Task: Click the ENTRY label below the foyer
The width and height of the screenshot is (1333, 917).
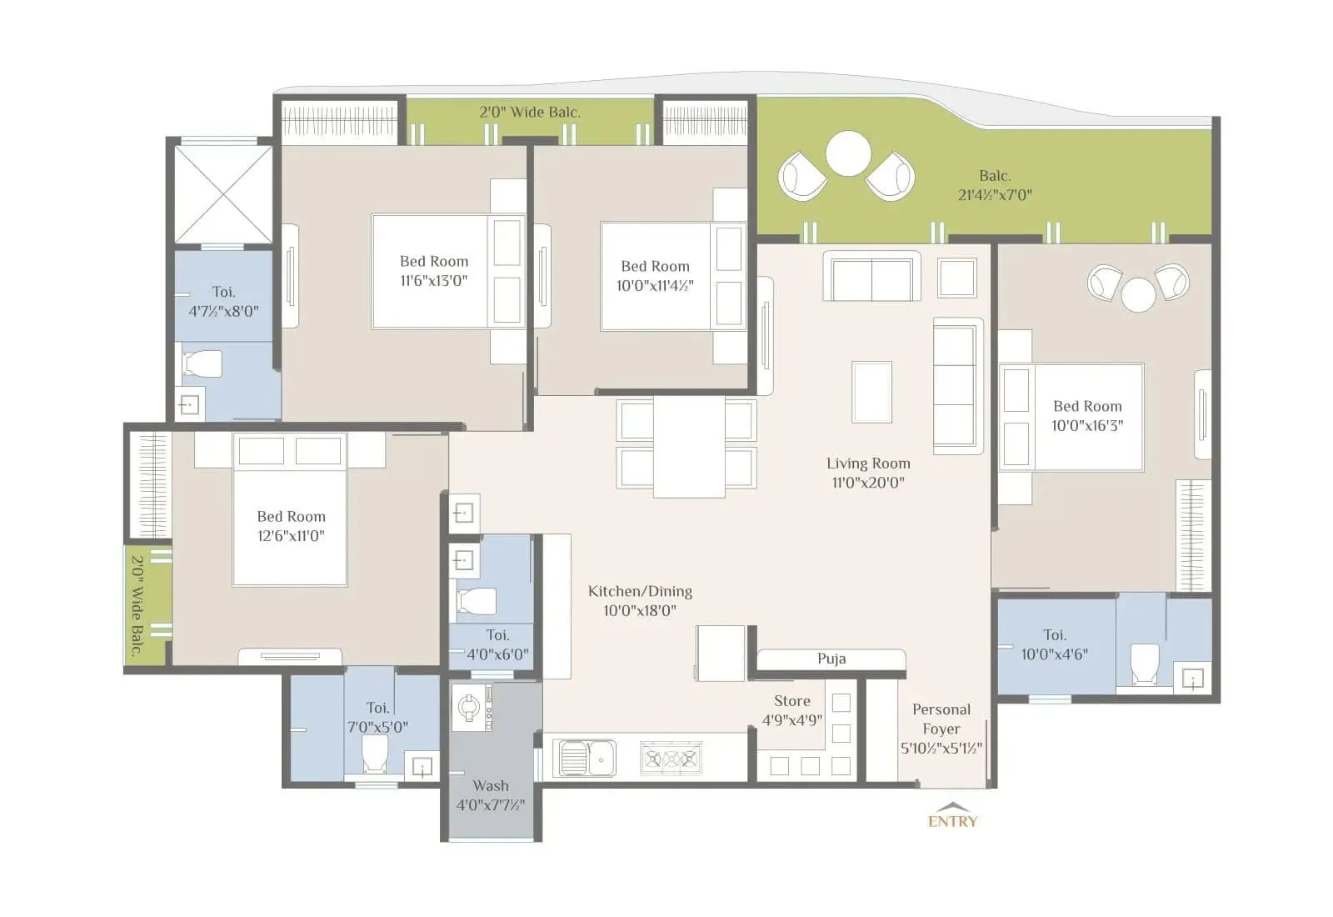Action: tap(952, 820)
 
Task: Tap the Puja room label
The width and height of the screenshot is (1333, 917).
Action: tap(831, 659)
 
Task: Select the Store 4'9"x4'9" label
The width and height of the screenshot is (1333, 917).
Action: tap(791, 710)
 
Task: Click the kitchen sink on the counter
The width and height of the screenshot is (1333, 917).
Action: tap(587, 758)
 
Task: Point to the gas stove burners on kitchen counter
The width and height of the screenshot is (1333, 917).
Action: tap(671, 759)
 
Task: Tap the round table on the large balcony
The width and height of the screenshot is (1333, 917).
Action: tap(848, 154)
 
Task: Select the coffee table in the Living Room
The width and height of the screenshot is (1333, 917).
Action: tap(871, 392)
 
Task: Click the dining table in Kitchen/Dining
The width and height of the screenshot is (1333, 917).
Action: tap(688, 447)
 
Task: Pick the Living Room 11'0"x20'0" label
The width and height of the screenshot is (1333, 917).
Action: tap(868, 473)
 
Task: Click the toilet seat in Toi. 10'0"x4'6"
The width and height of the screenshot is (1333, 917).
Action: tap(1144, 664)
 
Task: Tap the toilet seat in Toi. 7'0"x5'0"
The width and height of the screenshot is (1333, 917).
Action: tap(375, 754)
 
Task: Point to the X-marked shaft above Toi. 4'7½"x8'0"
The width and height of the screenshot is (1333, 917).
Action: tap(222, 194)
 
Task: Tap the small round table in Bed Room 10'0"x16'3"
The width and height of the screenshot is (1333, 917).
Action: tap(1138, 294)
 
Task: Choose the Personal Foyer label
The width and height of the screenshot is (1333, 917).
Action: tap(941, 728)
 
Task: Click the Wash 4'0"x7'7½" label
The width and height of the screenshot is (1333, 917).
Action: tap(491, 795)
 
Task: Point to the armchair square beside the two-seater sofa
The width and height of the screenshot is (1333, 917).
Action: tap(956, 278)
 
